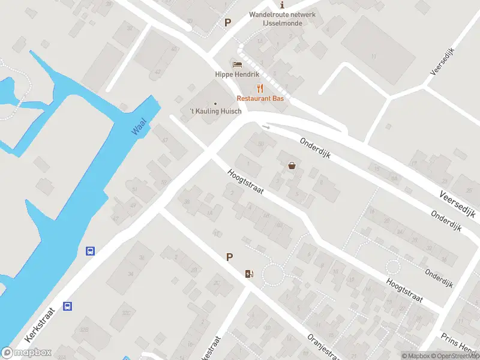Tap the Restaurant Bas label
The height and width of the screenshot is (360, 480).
[x=260, y=98]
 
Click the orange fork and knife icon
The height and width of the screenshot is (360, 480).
[x=260, y=88]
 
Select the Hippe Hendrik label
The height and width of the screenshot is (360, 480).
[x=237, y=74]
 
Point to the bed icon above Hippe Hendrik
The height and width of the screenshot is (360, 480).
[x=237, y=64]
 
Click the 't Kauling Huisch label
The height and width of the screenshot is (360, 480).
[x=215, y=112]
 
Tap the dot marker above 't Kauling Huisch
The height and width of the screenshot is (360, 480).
[x=215, y=103]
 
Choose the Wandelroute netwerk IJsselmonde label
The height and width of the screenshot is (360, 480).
[x=282, y=19]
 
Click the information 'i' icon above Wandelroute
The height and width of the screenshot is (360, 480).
[x=283, y=5]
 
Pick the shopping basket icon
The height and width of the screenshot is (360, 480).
[x=292, y=165]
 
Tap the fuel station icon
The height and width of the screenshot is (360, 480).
[x=249, y=274]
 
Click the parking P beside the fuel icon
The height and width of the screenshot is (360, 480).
[x=229, y=257]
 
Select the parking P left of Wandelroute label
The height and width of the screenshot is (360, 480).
[x=227, y=23]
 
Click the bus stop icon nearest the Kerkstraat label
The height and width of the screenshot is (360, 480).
[x=68, y=306]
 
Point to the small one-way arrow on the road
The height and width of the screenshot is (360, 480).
[x=266, y=127]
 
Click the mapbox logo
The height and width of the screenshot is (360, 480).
[x=26, y=353]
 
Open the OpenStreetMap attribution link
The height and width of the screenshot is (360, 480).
[x=453, y=356]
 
